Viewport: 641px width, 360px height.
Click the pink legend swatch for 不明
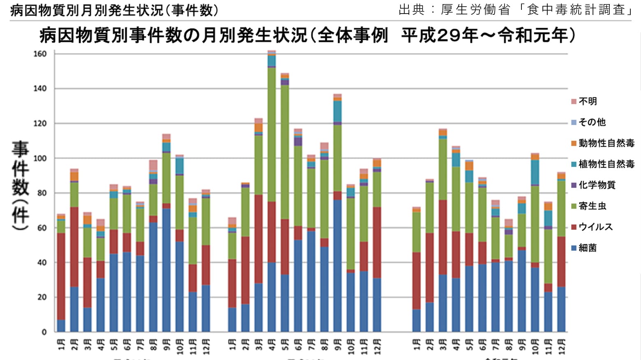574,102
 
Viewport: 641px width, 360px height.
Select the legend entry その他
592,122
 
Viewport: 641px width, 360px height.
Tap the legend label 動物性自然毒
606,143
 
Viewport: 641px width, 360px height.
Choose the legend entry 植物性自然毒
606,164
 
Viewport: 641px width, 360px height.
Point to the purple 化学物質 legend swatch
574,185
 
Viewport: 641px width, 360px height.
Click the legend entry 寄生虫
592,206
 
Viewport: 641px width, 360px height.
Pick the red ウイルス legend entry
595,227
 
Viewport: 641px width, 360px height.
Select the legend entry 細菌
587,248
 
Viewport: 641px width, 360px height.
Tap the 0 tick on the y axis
44,332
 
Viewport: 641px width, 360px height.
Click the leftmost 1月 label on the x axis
61,345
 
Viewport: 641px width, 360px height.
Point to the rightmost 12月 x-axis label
561,346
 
